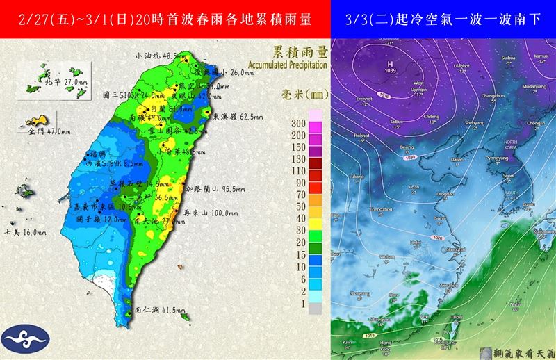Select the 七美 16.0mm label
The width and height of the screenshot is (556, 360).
click(x=26, y=232)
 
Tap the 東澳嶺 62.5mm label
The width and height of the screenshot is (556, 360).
click(x=236, y=116)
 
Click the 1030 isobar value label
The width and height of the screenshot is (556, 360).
click(x=443, y=158)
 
